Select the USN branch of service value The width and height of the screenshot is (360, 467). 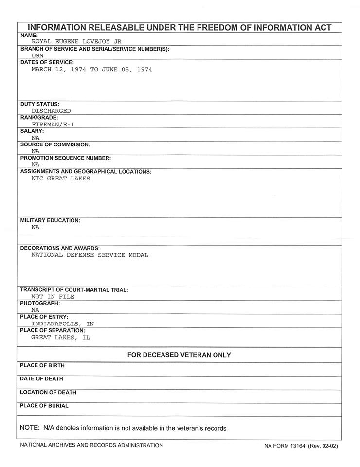(37, 56)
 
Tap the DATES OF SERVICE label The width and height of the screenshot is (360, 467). (47, 63)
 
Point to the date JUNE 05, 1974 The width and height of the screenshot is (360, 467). (126, 70)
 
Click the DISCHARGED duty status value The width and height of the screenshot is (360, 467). (51, 111)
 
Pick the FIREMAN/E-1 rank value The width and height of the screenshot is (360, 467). (53, 125)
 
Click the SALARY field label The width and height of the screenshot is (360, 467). (32, 131)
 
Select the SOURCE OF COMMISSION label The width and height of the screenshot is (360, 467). (55, 144)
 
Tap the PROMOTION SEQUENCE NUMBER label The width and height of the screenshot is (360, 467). (66, 158)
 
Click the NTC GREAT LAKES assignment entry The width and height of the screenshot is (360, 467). (61, 179)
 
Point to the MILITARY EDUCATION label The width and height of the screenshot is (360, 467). (50, 220)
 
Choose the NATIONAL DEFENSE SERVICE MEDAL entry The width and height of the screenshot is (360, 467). (90, 255)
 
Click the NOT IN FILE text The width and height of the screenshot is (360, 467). (53, 296)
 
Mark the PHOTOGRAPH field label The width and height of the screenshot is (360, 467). (40, 303)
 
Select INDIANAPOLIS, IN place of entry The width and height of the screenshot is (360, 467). (63, 323)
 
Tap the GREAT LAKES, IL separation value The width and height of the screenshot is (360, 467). (61, 337)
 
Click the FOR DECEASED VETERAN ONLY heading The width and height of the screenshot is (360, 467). (179, 355)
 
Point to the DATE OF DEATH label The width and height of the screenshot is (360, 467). (41, 379)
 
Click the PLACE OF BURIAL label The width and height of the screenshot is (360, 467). (44, 406)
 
